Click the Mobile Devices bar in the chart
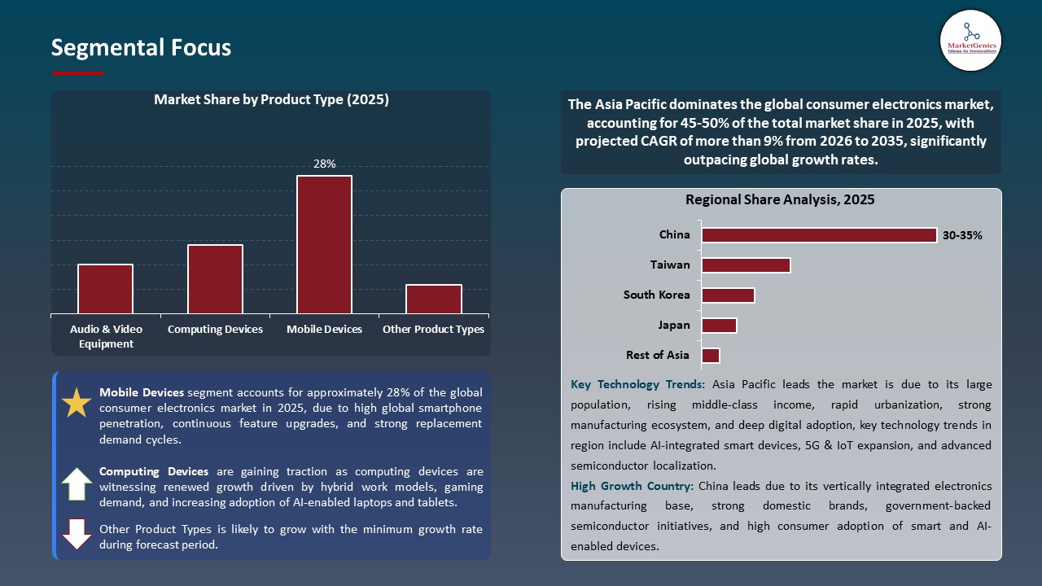[x=324, y=244]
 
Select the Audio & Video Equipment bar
[x=105, y=289]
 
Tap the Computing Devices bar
[x=215, y=279]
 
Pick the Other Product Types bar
[x=433, y=299]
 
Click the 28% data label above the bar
[x=324, y=164]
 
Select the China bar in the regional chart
[x=819, y=235]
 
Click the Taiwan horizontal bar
[x=746, y=265]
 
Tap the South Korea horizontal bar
[x=728, y=295]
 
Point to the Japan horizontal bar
[x=719, y=326]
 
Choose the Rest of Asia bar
[x=711, y=356]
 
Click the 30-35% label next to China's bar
[x=962, y=235]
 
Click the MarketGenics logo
[x=970, y=40]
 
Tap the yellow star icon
[x=77, y=403]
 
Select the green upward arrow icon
[x=77, y=484]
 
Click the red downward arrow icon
[x=77, y=534]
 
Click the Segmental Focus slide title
[x=141, y=48]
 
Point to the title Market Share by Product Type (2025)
[x=271, y=100]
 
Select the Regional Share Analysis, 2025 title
[x=780, y=199]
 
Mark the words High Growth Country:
[x=633, y=486]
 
